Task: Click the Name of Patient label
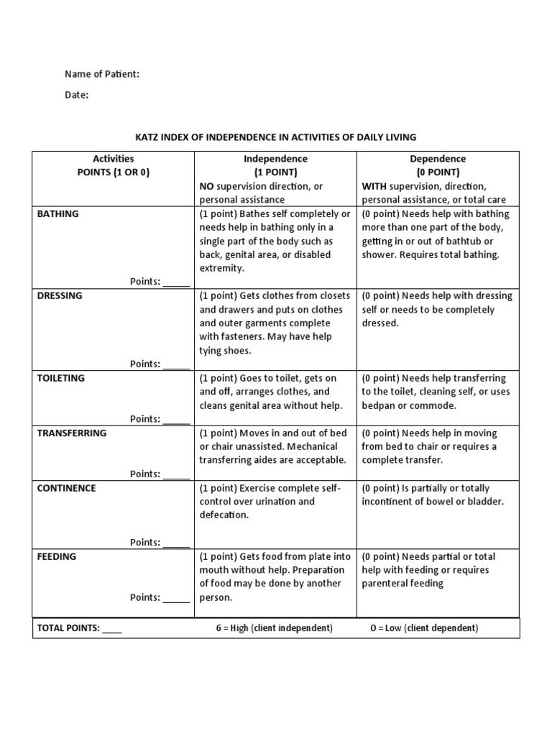point(102,74)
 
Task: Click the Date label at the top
point(76,95)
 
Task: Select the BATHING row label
point(58,213)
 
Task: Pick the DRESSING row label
point(60,295)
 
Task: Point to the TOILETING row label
point(61,378)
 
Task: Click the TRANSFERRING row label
point(72,433)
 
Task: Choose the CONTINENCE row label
point(66,488)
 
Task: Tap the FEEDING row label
point(57,556)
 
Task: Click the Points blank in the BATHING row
point(177,283)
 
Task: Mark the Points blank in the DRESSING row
point(177,365)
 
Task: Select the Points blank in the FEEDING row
point(177,599)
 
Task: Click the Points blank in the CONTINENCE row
point(177,543)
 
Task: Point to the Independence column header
point(275,159)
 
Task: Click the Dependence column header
point(438,159)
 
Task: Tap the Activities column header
point(114,159)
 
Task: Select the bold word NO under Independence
point(207,186)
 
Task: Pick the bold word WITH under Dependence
point(374,186)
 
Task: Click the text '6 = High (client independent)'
point(275,628)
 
